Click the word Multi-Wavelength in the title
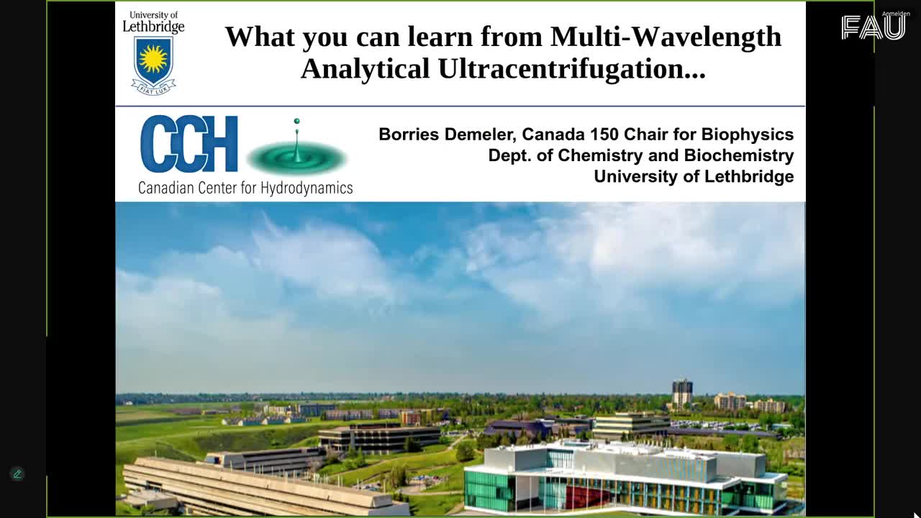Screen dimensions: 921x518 [x=666, y=37]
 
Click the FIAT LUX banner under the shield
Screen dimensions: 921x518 [x=153, y=88]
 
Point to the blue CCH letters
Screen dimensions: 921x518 [x=189, y=144]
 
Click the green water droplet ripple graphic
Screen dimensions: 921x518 [x=297, y=157]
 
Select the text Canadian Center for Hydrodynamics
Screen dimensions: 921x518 [x=245, y=188]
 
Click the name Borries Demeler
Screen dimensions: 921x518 [x=447, y=135]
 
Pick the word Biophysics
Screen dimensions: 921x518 [x=748, y=135]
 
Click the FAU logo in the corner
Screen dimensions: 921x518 [x=874, y=28]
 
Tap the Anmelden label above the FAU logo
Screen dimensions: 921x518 [x=896, y=14]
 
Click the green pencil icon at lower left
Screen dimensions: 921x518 [x=17, y=474]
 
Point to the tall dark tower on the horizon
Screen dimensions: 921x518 [x=682, y=394]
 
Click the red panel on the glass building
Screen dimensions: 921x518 [x=588, y=497]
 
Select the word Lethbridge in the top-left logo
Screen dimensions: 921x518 [x=153, y=27]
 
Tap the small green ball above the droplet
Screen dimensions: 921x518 [x=297, y=121]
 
